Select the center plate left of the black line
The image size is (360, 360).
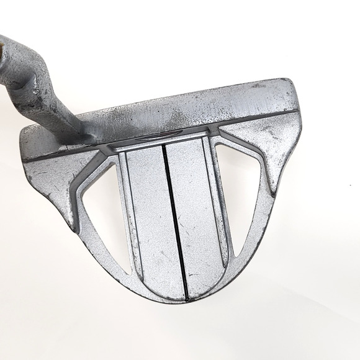coord(148,217)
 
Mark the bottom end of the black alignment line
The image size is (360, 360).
coord(184,295)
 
